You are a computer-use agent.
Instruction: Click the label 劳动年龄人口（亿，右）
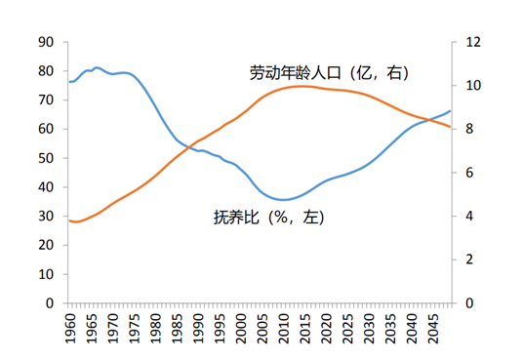pos(328,73)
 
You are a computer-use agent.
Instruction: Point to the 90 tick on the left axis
pos(45,42)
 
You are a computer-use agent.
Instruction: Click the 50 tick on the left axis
pos(45,158)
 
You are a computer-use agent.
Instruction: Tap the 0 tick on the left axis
pos(49,303)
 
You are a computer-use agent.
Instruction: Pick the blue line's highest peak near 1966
pos(97,67)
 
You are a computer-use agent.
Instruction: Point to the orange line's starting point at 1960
pos(69,220)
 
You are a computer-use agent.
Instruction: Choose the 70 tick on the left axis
pos(45,100)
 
